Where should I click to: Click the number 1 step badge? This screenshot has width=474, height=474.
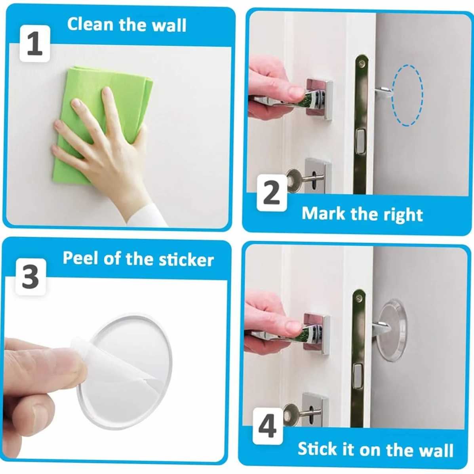(35, 44)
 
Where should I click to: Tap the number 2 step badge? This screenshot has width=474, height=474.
(272, 193)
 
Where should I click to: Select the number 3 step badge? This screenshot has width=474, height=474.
(30, 277)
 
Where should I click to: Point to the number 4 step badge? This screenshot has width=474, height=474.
(268, 426)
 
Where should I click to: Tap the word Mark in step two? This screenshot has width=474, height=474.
(324, 213)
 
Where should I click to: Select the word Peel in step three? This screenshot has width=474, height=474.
(80, 259)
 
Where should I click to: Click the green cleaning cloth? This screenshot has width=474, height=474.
(100, 121)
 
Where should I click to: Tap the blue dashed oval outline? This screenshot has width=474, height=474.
(407, 95)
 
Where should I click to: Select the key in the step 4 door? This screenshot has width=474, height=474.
(299, 413)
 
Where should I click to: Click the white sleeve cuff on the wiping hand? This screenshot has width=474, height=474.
(148, 215)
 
